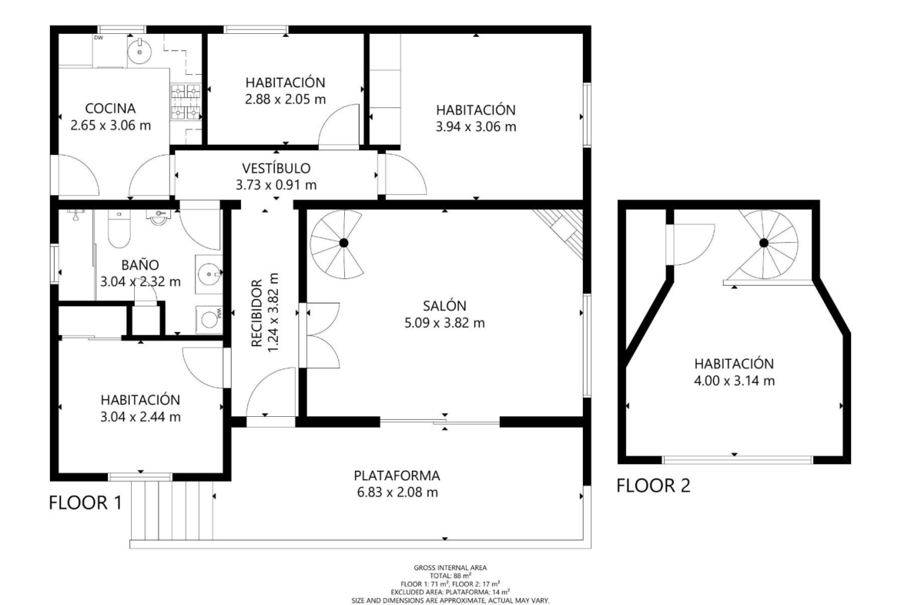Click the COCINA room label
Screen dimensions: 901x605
pos(110,108)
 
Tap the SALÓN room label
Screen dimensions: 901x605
pos(445,306)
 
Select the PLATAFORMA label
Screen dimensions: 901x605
pos(397,476)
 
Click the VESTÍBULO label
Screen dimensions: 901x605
pos(276,168)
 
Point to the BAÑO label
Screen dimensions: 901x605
pos(140,265)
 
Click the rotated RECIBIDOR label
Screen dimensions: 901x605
pos(256,313)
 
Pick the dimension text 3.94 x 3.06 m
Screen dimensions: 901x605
pos(476,126)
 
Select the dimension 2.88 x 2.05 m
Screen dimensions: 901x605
pos(286,99)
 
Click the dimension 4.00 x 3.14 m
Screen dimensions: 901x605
pos(735,381)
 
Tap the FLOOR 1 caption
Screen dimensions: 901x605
pos(85,502)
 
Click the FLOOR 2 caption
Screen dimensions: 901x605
pos(653,486)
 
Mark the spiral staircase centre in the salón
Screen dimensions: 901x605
pos(343,244)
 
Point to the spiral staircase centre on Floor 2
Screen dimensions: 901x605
pos(764,244)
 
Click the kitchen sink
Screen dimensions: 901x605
pos(139,51)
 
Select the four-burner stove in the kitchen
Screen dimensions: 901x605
pos(186,103)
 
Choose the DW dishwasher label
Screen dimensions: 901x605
pos(99,38)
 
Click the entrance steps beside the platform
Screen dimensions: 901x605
pos(171,511)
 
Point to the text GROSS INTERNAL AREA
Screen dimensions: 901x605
pos(450,567)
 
